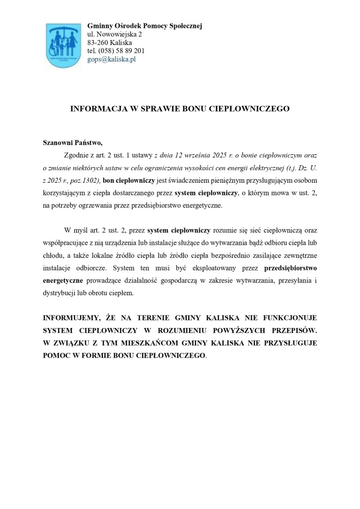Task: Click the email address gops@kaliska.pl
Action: pyautogui.click(x=111, y=59)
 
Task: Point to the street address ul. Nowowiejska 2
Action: pyautogui.click(x=114, y=34)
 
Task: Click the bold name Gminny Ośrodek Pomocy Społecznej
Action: pyautogui.click(x=144, y=26)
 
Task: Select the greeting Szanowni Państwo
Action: pyautogui.click(x=72, y=143)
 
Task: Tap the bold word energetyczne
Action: pyautogui.click(x=63, y=280)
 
